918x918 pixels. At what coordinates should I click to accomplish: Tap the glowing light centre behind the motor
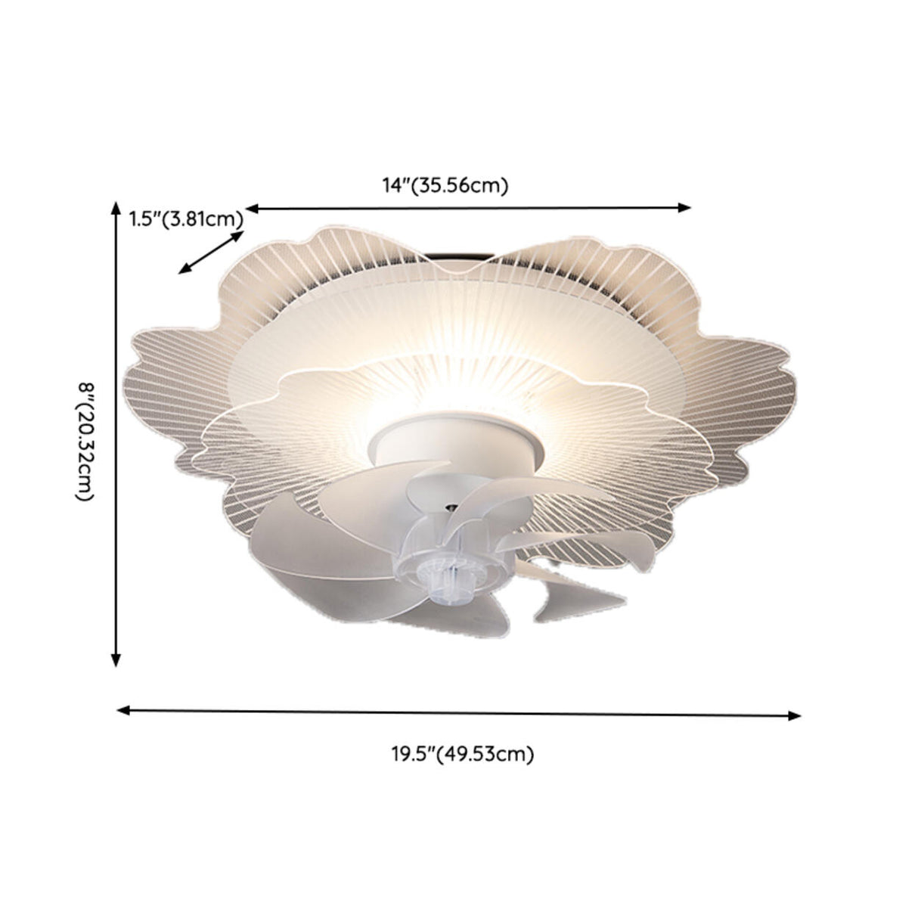tap(454, 393)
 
